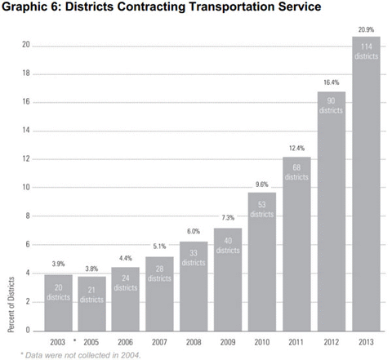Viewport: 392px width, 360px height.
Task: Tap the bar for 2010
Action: pyautogui.click(x=261, y=261)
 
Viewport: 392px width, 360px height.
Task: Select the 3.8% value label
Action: pyautogui.click(x=91, y=269)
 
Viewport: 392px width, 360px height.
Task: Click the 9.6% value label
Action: pyautogui.click(x=261, y=184)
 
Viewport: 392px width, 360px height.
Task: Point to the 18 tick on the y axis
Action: pyautogui.click(x=27, y=73)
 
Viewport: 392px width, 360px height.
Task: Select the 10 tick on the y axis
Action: pyautogui.click(x=27, y=188)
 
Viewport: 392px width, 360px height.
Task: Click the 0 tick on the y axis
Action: pyautogui.click(x=29, y=331)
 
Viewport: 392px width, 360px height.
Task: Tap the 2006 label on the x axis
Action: pyautogui.click(x=124, y=342)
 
